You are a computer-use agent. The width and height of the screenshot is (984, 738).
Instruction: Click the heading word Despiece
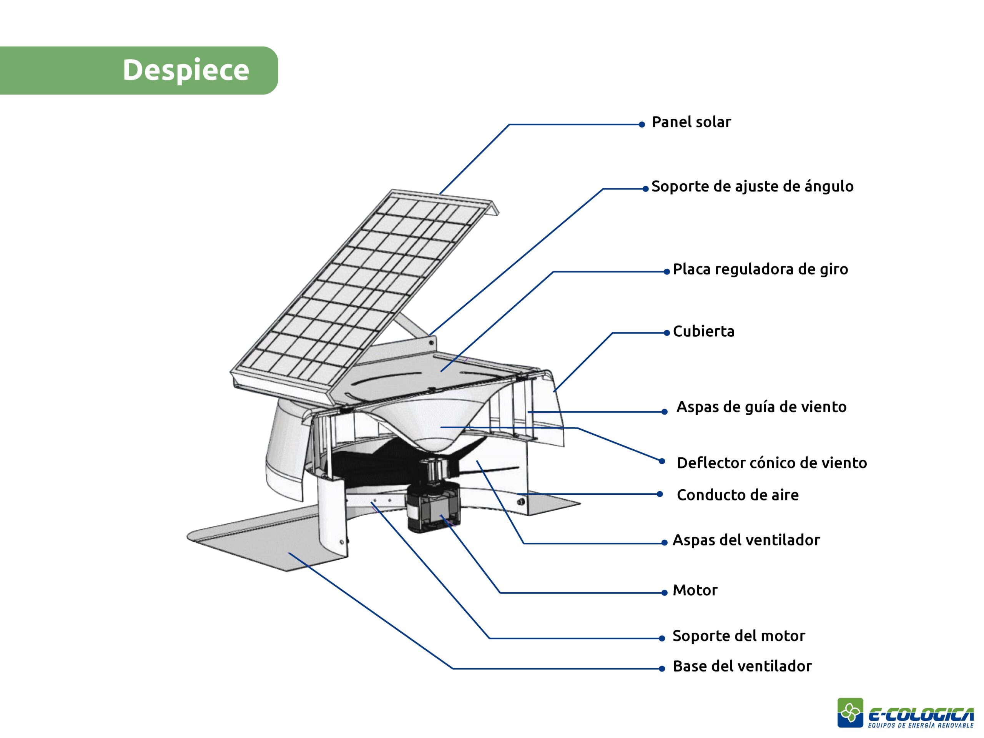pos(186,70)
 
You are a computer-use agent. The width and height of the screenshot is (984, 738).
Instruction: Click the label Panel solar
pos(691,122)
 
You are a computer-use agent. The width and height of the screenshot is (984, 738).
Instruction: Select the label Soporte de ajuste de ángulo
pos(752,187)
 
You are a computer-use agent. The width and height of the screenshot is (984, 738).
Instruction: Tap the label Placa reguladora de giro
pos(760,269)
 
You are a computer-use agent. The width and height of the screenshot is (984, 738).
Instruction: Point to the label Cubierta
pos(703,331)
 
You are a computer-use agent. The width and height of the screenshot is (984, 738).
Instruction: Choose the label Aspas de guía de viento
pos(761,407)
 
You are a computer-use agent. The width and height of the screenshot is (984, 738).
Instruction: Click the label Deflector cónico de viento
pos(772,463)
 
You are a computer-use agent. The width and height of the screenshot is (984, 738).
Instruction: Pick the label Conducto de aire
pos(738,495)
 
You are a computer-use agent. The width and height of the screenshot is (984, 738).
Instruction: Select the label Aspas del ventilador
pos(746,540)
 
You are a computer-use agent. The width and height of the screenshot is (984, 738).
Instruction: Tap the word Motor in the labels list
pos(695,591)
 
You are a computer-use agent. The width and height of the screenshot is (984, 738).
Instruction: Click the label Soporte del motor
pos(738,636)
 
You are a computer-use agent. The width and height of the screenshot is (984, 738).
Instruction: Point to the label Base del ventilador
pos(742,667)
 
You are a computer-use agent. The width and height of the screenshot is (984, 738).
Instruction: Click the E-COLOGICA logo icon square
pos(850,713)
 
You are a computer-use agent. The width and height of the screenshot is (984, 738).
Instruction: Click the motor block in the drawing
pos(433,507)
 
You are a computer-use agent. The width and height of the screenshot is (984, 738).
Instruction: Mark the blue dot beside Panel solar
pos(642,125)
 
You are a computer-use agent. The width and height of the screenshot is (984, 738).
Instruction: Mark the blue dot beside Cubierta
pos(667,333)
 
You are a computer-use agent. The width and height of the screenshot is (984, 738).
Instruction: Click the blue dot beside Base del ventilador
pos(662,668)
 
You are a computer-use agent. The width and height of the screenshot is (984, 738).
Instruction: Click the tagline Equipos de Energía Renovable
pos(921,726)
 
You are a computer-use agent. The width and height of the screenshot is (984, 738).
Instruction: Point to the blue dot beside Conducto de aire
pos(660,494)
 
